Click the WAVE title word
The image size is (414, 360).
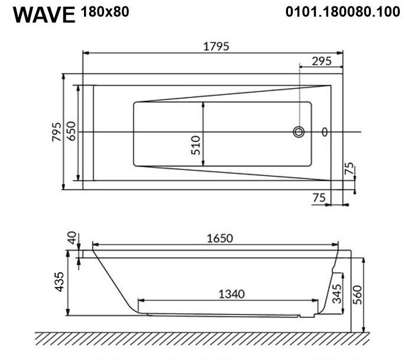pyautogui.click(x=44, y=15)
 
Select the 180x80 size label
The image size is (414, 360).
pyautogui.click(x=105, y=12)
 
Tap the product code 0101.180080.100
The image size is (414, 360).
pyautogui.click(x=342, y=12)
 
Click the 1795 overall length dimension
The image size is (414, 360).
pyautogui.click(x=216, y=47)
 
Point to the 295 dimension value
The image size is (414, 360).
pyautogui.click(x=322, y=62)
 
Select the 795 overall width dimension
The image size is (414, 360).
pyautogui.click(x=57, y=132)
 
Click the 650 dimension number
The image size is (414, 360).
pyautogui.click(x=71, y=131)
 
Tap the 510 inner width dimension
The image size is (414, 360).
pyautogui.click(x=196, y=145)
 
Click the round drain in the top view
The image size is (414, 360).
pyautogui.click(x=299, y=132)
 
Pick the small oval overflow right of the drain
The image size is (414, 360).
pyautogui.click(x=325, y=132)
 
